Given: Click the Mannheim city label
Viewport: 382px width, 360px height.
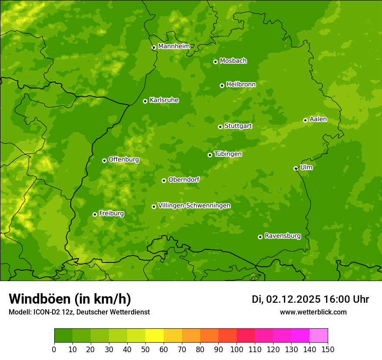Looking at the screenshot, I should (174, 46).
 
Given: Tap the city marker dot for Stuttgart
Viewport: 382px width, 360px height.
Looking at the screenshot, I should (220, 127).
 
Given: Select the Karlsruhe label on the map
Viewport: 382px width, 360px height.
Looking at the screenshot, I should (164, 100).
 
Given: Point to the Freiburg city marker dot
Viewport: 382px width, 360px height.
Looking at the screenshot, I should (95, 214).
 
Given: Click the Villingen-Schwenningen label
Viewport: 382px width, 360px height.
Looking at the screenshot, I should (194, 206).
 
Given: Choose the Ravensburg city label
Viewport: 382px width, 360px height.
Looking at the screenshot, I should (283, 236).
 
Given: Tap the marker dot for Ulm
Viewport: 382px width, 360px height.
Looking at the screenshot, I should (296, 168).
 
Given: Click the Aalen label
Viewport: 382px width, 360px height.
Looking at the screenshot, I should (318, 119).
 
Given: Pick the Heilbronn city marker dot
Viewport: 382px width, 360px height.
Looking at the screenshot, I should (222, 85).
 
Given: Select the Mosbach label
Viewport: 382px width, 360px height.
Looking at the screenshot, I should (233, 61).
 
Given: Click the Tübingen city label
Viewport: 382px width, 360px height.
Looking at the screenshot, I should (228, 154).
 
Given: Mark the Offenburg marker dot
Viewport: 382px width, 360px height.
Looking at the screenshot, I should (104, 160).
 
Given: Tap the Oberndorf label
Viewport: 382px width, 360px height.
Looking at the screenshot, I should (184, 180).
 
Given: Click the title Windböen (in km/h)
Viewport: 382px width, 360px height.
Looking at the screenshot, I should (70, 299).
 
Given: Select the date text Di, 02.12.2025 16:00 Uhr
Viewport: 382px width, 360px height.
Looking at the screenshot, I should (310, 299).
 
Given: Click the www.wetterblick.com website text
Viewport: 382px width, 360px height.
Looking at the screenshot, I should (313, 312).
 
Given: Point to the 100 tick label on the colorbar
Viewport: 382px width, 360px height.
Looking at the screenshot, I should (237, 349).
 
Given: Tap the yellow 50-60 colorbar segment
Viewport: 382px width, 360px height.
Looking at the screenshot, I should (155, 336).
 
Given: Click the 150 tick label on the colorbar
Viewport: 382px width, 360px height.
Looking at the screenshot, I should (328, 349).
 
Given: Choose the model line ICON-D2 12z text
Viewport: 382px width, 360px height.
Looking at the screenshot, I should (79, 312).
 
